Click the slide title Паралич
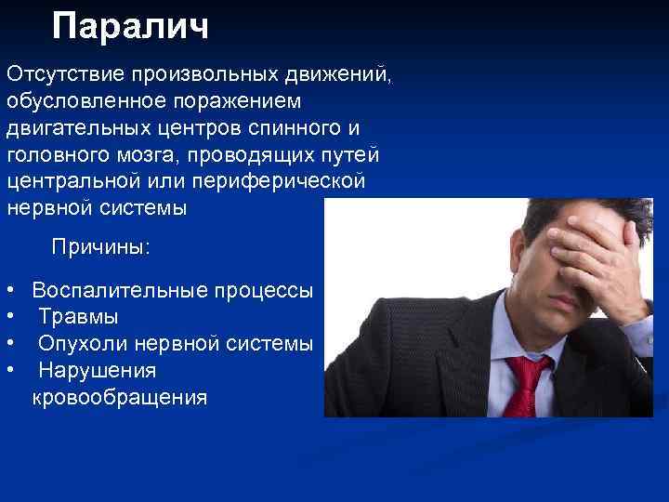[x=130, y=27]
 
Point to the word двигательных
[x=72, y=126]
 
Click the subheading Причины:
[x=100, y=247]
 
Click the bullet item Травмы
[x=78, y=317]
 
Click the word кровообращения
[x=120, y=398]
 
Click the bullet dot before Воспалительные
[x=8, y=291]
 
